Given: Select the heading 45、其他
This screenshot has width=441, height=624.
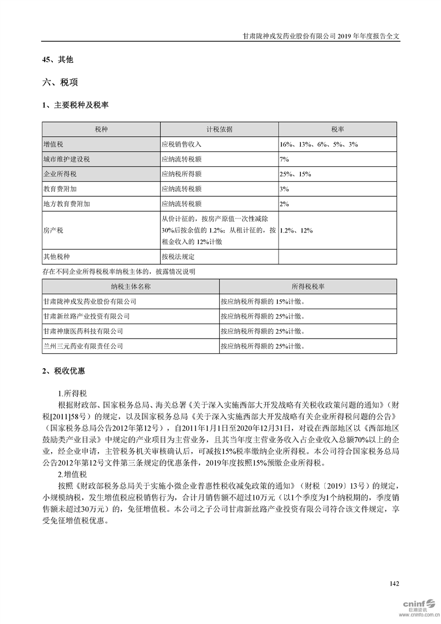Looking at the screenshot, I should click(57, 59).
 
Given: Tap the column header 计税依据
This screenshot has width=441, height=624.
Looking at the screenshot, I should click(219, 129).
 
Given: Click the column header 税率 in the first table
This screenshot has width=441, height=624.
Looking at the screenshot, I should click(338, 129).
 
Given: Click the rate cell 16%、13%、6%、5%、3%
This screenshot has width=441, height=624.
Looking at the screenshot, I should click(319, 144).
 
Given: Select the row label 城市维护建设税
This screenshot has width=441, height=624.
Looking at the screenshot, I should click(66, 159).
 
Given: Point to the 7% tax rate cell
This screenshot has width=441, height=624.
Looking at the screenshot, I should click(284, 159).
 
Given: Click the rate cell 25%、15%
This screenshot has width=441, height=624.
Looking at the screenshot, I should click(295, 174).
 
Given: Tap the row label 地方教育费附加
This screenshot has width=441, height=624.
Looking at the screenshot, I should click(66, 204).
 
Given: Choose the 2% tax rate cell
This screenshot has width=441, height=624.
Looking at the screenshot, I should click(284, 204).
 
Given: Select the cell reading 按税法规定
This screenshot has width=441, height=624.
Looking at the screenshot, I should click(178, 257).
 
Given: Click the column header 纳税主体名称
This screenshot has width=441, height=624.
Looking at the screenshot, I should click(131, 286).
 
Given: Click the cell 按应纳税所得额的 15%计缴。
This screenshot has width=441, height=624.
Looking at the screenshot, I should click(262, 301).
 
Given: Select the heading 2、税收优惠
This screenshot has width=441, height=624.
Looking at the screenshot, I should click(64, 370).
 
